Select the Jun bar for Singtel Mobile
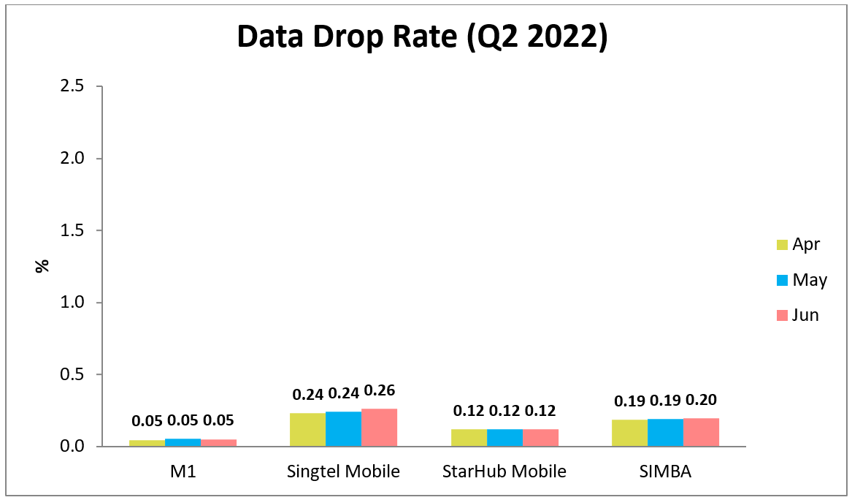379,428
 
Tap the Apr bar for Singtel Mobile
307,430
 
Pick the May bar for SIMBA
665,433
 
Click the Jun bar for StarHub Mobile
540,438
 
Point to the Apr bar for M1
147,443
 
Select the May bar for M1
183,442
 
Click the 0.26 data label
379,390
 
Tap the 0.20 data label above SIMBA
701,400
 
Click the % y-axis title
42,265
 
